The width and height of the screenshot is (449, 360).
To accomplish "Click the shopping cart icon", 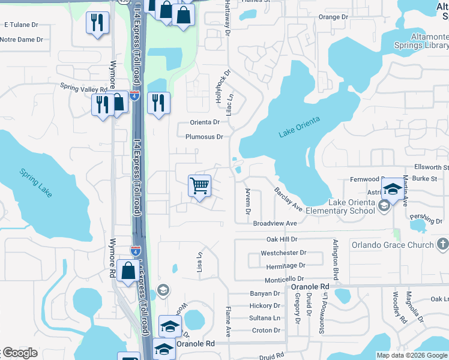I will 199,185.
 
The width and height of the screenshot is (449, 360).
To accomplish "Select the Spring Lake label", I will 36,182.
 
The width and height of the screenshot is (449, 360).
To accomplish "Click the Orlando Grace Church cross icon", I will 442,244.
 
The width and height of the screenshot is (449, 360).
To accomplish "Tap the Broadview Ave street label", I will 275,223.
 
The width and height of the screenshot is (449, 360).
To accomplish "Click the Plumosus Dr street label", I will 204,137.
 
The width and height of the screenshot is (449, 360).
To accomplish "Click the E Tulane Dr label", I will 21,25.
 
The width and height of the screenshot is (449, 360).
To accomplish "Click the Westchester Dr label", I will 283,253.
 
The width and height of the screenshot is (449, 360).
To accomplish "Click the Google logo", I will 19,353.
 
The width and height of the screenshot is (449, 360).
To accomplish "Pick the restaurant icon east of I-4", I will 158,103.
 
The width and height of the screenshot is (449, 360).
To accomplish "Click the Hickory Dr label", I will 265,306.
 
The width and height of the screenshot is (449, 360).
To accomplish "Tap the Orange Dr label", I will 333,17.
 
